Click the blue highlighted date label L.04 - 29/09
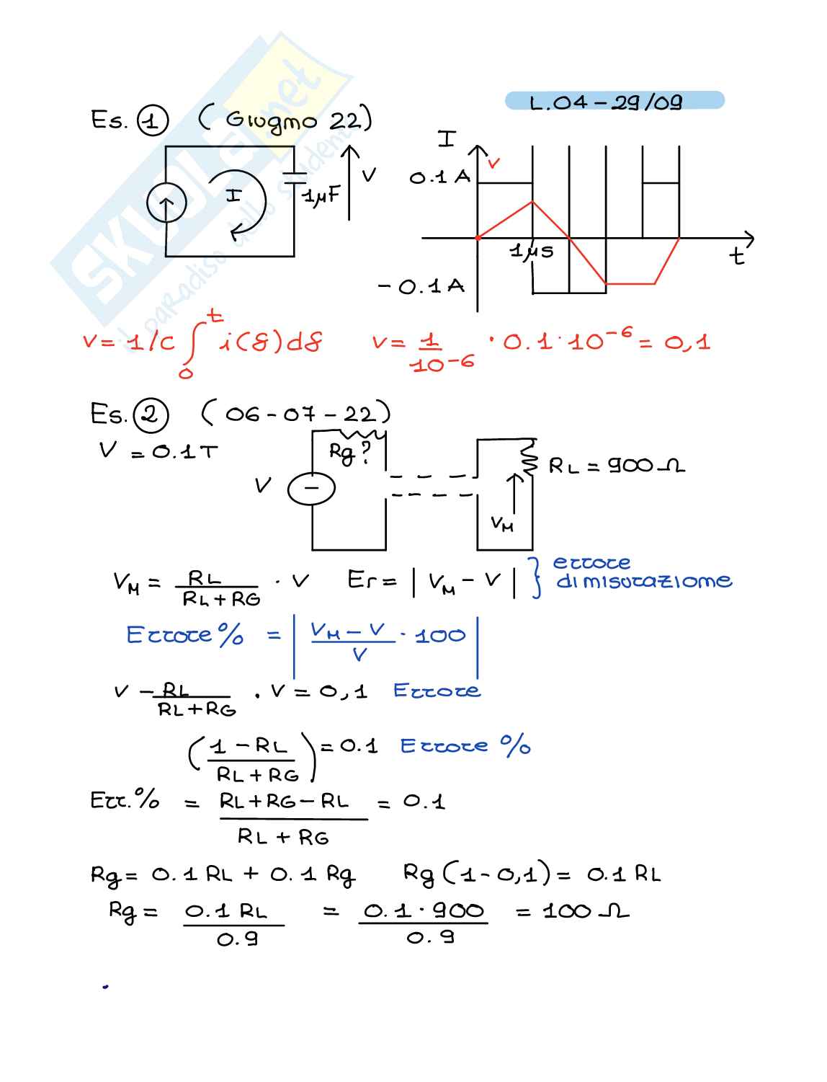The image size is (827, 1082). [x=614, y=101]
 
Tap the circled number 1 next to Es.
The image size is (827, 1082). [x=152, y=121]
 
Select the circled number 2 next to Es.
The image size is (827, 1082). [x=151, y=415]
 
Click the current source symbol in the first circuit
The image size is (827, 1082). [x=166, y=203]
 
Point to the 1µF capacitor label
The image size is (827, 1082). [x=321, y=196]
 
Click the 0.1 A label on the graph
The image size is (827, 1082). [x=439, y=177]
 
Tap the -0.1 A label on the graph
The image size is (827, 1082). [x=422, y=287]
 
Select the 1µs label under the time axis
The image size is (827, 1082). [x=532, y=251]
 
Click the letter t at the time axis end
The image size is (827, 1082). [x=736, y=255]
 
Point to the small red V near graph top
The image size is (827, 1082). [x=493, y=163]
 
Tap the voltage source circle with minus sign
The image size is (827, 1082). [x=311, y=489]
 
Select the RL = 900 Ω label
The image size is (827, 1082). [x=617, y=466]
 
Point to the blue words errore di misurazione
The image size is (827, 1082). [x=641, y=572]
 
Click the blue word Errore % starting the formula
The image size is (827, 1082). [x=185, y=635]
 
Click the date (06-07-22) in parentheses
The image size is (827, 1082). [x=296, y=414]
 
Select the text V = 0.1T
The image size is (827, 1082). [x=158, y=451]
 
